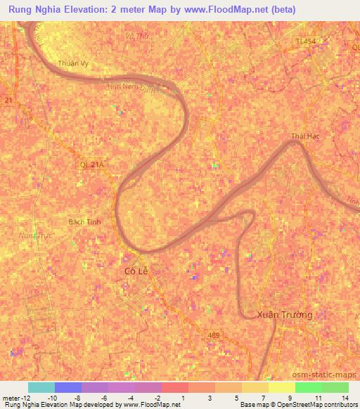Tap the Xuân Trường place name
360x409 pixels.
tap(285, 314)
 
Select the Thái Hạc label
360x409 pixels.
tap(305, 136)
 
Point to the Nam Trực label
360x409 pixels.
tap(37, 235)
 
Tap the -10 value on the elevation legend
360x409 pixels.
tap(53, 398)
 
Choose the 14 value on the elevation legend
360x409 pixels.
tap(345, 398)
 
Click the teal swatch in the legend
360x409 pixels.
tap(41, 387)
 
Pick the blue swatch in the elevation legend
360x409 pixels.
tap(68, 387)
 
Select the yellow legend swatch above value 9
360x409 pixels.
tap(282, 387)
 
